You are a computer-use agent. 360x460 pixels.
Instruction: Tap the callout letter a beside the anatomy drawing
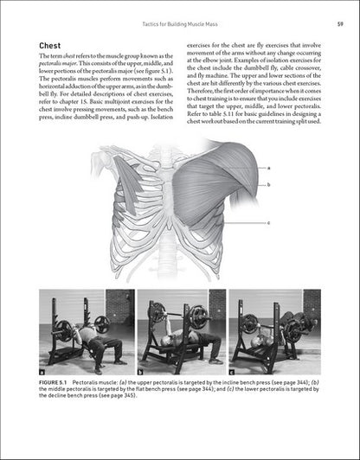269,167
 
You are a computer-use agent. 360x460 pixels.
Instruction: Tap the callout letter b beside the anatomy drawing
269,184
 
